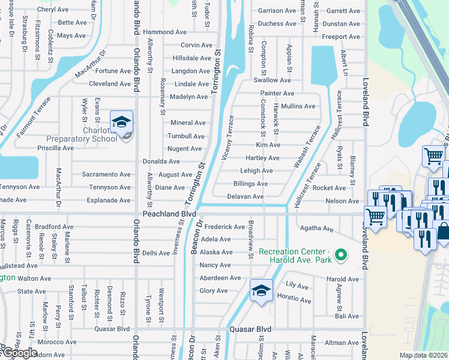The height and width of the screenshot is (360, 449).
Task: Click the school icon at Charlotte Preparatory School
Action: [121, 122]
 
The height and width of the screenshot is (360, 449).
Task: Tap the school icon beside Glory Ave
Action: [261, 291]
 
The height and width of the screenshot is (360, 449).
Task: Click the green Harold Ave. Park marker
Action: [340, 256]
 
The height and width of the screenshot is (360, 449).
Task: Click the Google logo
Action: [19, 352]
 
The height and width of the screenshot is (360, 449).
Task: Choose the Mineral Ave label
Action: [188, 123]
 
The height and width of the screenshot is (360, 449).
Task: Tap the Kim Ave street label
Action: [268, 145]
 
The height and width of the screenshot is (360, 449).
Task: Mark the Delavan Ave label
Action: [246, 197]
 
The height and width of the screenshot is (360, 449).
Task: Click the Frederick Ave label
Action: [224, 227]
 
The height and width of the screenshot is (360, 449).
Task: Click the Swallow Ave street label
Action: [272, 80]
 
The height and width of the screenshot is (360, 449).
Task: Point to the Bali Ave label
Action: [348, 316]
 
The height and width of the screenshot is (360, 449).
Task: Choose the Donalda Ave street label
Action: [161, 161]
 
